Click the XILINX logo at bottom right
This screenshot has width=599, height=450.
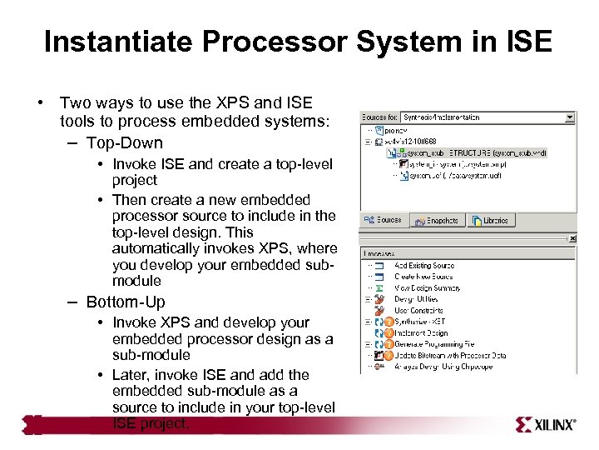pos(546,424)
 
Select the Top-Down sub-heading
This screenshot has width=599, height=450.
pos(124,142)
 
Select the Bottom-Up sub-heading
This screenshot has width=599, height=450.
pos(126,302)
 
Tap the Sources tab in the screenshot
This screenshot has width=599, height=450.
pos(384,221)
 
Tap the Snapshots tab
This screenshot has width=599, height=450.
pos(437,221)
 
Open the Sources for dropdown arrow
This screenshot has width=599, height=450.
pos(570,117)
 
